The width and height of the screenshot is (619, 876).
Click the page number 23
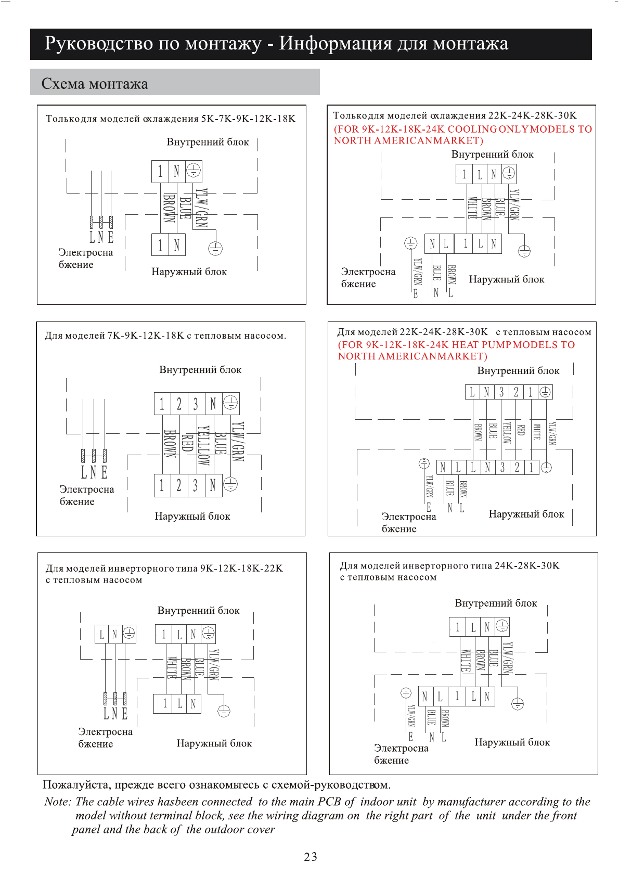pos(311,857)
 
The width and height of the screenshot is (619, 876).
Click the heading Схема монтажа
pos(95,84)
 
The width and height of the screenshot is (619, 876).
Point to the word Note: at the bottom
pos(58,802)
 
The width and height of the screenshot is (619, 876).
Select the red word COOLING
pos(472,129)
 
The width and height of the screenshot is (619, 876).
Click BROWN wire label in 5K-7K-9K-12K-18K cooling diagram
pos(169,208)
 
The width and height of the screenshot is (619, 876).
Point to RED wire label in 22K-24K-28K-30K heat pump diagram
pos(521,430)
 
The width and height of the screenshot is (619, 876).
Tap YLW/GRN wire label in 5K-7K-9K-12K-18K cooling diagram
pos(201,208)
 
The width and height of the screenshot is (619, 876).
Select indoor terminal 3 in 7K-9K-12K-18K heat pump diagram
pos(196,404)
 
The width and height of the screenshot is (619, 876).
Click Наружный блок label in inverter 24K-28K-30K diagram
pos(512,742)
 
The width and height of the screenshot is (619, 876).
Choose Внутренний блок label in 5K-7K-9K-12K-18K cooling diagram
pos(208,142)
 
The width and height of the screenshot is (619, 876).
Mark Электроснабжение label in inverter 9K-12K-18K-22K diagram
pos(105,738)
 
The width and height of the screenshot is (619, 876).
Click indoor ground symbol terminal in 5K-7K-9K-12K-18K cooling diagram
pos(194,171)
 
